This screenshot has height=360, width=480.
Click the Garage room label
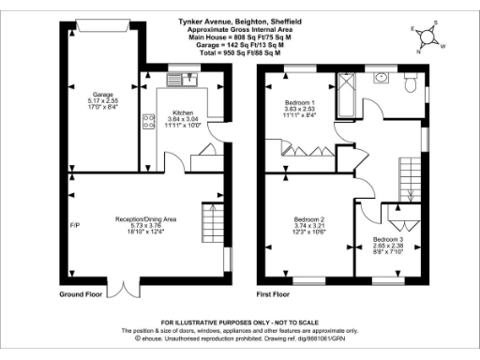point(103,95)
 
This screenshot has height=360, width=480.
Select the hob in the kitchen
point(148,120)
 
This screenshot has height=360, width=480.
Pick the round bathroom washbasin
point(382,79)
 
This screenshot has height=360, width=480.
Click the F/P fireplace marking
point(75,225)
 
